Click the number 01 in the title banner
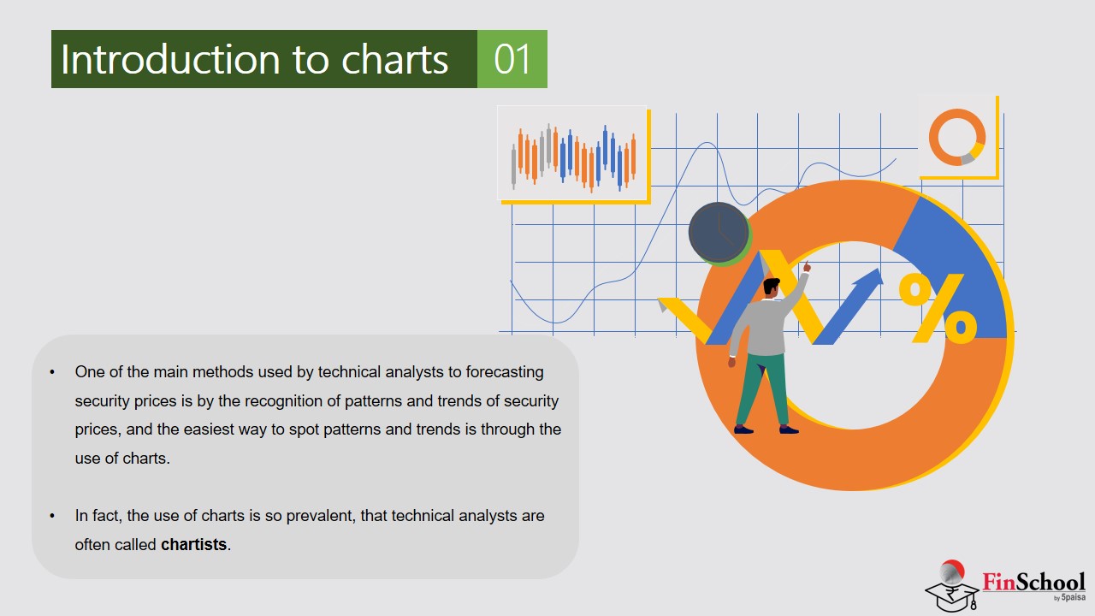(512, 59)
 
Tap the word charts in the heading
(394, 59)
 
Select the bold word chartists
(193, 544)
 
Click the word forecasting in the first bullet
(505, 372)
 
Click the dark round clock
(718, 232)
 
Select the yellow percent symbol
(938, 308)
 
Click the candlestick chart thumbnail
(572, 153)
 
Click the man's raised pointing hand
(807, 267)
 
